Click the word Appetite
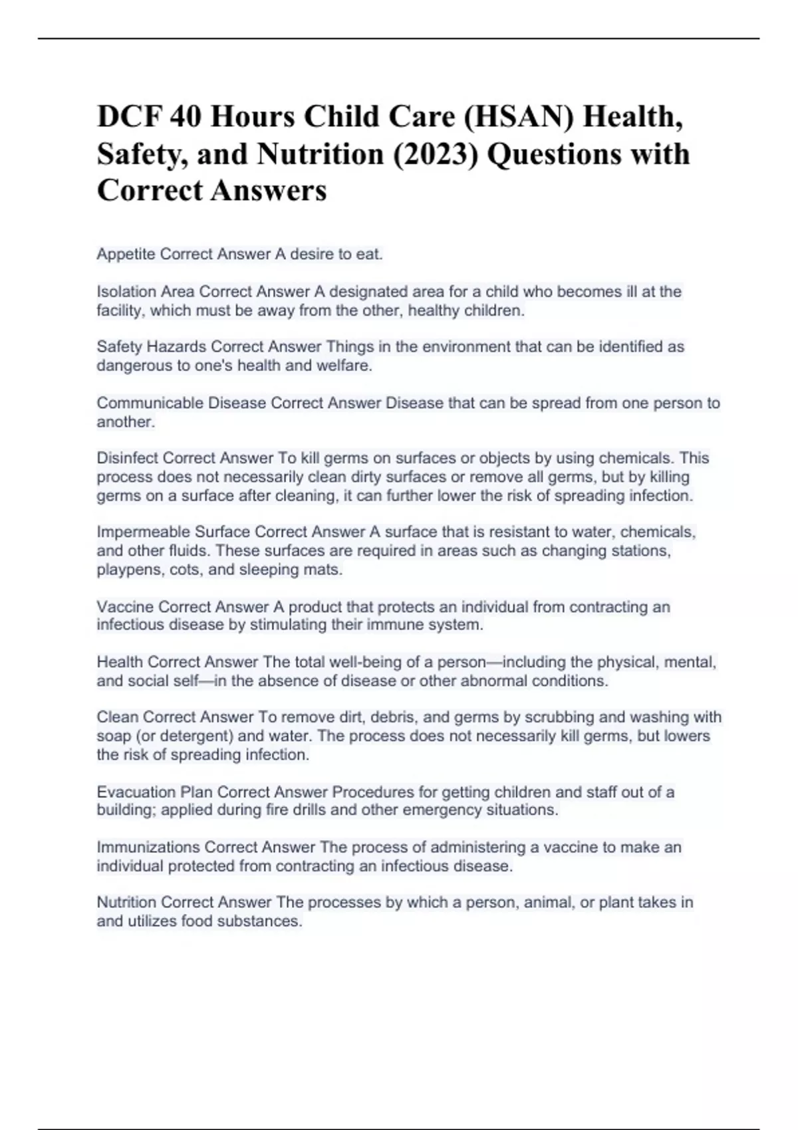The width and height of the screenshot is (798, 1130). point(126,255)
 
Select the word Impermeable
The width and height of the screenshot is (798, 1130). point(143,532)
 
